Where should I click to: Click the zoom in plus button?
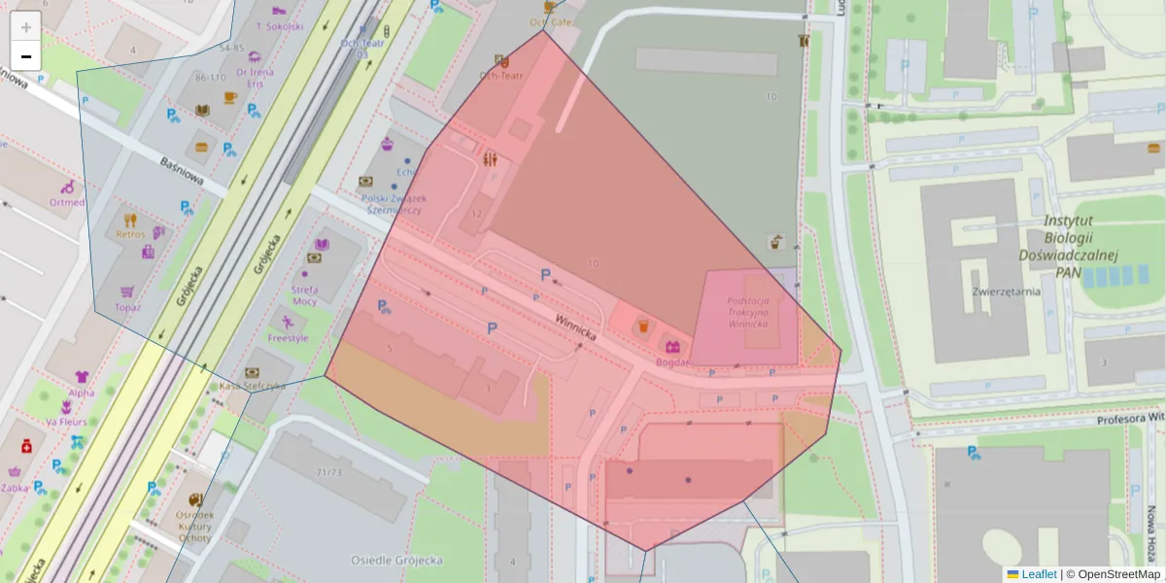[x=26, y=27]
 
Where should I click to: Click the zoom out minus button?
[x=26, y=56]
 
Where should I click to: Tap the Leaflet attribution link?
[x=1038, y=574]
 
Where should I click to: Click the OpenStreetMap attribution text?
[x=1117, y=574]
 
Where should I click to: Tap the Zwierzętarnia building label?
[x=1006, y=291]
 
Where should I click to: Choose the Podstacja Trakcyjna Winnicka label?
[x=747, y=311]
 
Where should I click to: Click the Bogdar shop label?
[x=671, y=362]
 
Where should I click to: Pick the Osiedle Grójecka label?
[x=396, y=561]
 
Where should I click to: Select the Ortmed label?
[x=67, y=202]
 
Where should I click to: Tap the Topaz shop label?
[x=127, y=307]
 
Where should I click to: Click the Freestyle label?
[x=288, y=338]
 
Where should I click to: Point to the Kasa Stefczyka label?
[x=252, y=386]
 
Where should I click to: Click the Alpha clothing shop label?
[x=82, y=394]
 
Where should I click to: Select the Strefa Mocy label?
[x=304, y=295]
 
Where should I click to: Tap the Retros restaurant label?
[x=130, y=234]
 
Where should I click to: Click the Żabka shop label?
[x=14, y=489]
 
